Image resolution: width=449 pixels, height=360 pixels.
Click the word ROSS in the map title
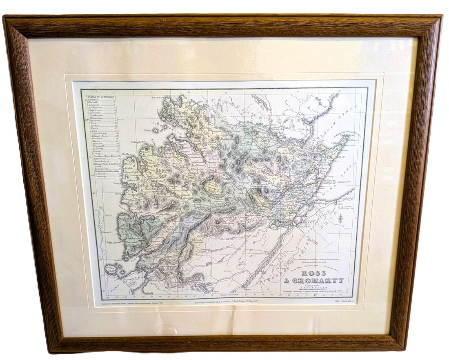click(314, 273)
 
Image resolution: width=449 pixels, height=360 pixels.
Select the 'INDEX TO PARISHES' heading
click(100, 97)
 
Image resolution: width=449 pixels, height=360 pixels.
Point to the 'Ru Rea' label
click(126, 154)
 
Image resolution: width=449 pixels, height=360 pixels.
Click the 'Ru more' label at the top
click(158, 98)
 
